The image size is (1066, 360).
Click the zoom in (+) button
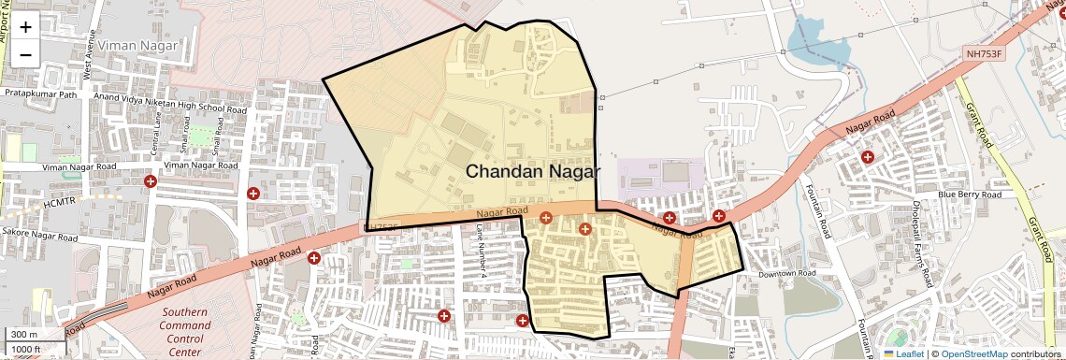(x=25, y=27)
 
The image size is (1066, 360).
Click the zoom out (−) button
(x=25, y=54)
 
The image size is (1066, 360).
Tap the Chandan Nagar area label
(x=532, y=171)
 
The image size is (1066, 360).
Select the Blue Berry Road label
(x=969, y=194)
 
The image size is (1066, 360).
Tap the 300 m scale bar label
(x=25, y=334)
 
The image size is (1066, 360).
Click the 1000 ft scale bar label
(x=27, y=349)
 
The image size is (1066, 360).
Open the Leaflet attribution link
(x=904, y=354)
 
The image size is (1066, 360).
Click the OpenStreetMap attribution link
(x=973, y=354)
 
